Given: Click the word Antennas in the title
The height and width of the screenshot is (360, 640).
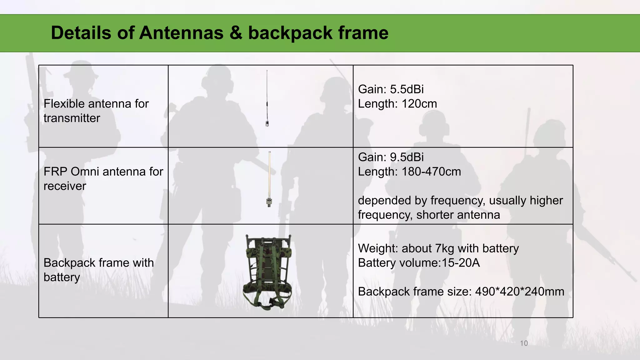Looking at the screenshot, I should click(x=181, y=33).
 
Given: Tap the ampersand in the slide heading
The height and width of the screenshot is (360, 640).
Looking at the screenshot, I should click(x=236, y=33).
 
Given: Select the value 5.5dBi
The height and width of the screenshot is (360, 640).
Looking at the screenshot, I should click(x=407, y=89).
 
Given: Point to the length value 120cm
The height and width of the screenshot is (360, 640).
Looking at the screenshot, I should click(x=419, y=104).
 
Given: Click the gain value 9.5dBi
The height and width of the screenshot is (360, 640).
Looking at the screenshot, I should click(x=407, y=157).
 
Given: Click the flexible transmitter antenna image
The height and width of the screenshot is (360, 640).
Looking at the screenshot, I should click(x=267, y=98).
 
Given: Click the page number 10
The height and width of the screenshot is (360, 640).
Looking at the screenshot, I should click(x=524, y=343).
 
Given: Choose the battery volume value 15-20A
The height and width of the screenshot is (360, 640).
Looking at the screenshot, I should click(x=461, y=263).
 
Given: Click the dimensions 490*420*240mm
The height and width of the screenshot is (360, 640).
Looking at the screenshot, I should click(x=519, y=292).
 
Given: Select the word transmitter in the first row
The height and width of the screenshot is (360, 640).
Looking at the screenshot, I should click(x=72, y=118).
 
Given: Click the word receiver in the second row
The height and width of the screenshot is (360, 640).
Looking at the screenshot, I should click(x=65, y=186).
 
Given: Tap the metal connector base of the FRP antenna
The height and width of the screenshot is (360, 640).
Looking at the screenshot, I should click(x=269, y=202).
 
